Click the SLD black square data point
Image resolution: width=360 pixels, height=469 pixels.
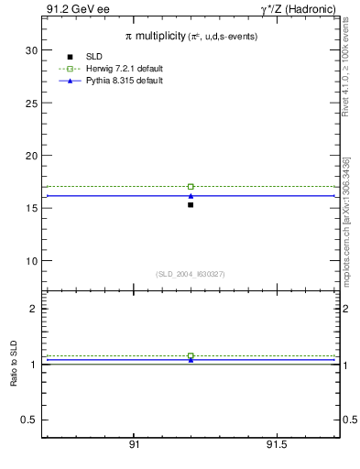pos(191,204)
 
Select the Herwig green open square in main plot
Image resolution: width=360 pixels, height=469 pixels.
pos(191,186)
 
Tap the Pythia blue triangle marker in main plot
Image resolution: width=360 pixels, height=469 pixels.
pos(191,195)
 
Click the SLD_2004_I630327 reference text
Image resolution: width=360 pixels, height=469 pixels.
pos(191,274)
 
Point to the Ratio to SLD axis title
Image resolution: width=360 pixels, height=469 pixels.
pos(14,365)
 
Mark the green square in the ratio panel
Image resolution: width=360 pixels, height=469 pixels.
pos(191,355)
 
